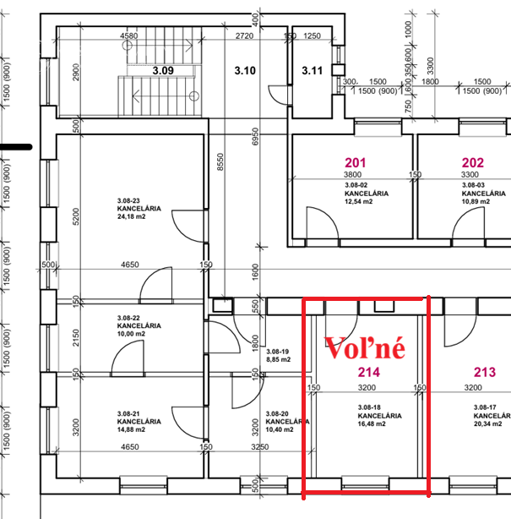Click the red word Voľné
click(x=365, y=348)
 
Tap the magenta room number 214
click(x=369, y=373)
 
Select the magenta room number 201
click(x=356, y=163)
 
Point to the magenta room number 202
click(x=473, y=163)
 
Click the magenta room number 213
click(x=485, y=373)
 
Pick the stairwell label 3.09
click(x=163, y=70)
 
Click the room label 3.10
click(x=245, y=70)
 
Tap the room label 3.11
click(x=313, y=70)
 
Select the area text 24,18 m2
click(x=131, y=216)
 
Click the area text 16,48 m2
click(x=372, y=424)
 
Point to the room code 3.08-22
click(x=128, y=318)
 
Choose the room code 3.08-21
click(x=128, y=413)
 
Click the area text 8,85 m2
click(x=278, y=359)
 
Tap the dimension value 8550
click(x=220, y=161)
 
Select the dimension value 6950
click(x=255, y=136)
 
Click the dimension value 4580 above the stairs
click(x=129, y=36)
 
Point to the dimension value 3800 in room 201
click(x=352, y=174)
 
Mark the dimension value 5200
click(x=76, y=216)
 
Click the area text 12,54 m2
click(x=358, y=201)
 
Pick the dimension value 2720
click(x=244, y=36)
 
